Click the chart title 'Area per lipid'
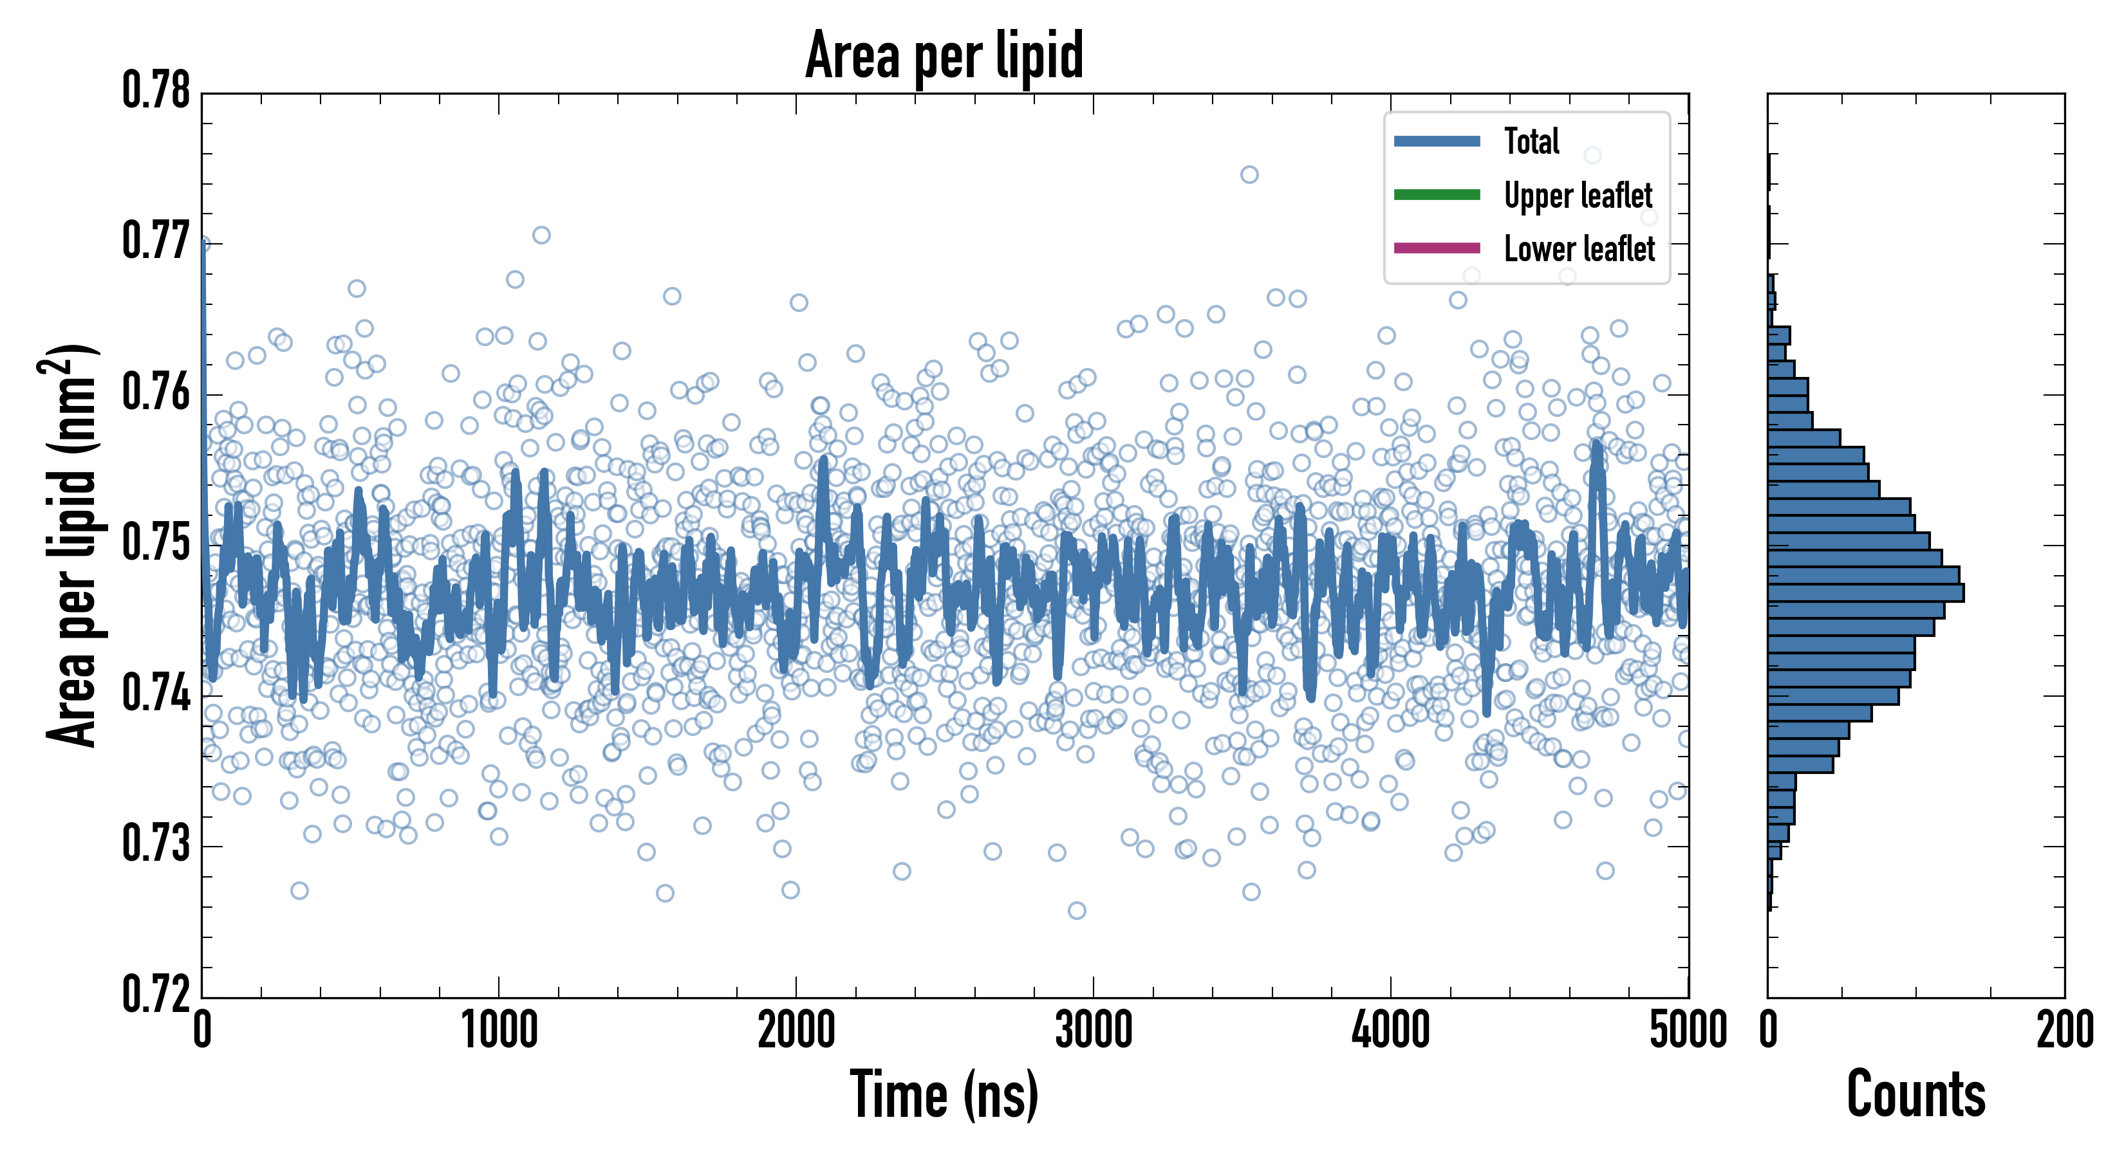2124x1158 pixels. [944, 55]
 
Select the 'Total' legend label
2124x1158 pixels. [1531, 141]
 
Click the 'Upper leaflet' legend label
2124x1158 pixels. [1578, 196]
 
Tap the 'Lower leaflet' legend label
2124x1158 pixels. [1579, 248]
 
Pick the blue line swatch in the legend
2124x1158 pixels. [1437, 141]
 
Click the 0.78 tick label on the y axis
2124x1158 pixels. [156, 91]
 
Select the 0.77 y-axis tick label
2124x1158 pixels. [156, 241]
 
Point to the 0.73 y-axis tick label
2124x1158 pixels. [156, 844]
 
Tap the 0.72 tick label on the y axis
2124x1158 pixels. [156, 994]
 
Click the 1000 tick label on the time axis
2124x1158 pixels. [499, 1030]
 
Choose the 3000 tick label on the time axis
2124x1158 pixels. [1094, 1030]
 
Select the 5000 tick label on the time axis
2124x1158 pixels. [1688, 1030]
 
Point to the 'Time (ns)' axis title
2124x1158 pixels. [944, 1094]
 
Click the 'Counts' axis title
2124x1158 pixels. [1915, 1094]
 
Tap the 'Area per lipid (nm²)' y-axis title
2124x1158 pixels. [71, 545]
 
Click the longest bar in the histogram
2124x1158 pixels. [1865, 593]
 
